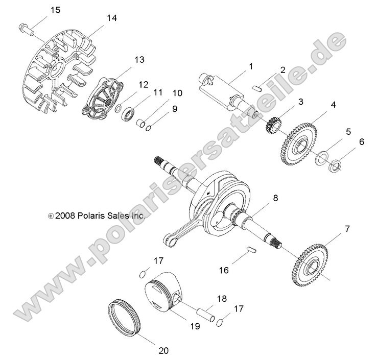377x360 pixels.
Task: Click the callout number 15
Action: (55, 10)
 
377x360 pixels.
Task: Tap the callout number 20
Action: (163, 351)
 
